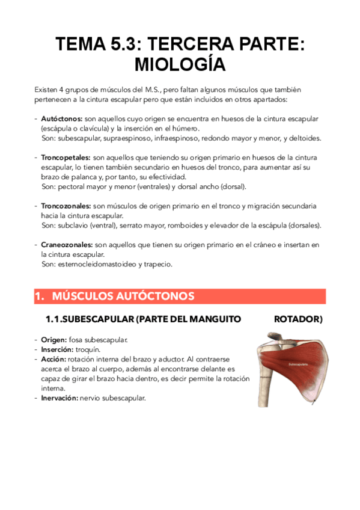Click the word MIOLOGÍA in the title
pyautogui.click(x=180, y=64)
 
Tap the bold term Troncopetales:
pyautogui.click(x=66, y=158)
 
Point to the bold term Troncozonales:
pyautogui.click(x=66, y=206)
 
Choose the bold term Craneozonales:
pyautogui.click(x=67, y=245)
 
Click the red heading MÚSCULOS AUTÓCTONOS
pyautogui.click(x=123, y=296)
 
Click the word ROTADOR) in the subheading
pyautogui.click(x=297, y=319)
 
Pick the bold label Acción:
pyautogui.click(x=54, y=359)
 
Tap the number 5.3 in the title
pyautogui.click(x=124, y=44)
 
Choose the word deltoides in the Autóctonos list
pyautogui.click(x=305, y=138)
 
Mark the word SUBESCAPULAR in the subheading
pyautogui.click(x=100, y=319)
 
